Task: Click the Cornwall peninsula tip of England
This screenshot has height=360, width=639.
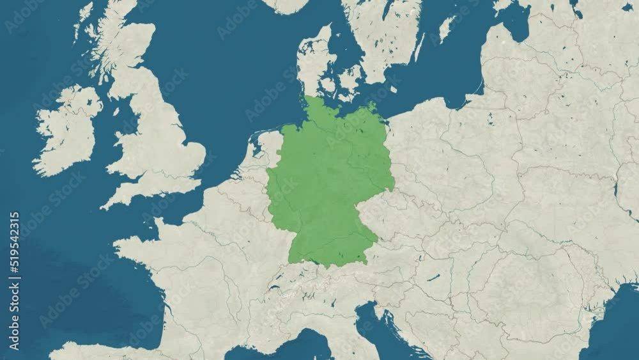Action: pyautogui.click(x=109, y=203)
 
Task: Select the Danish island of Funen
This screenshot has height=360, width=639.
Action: pyautogui.click(x=329, y=86)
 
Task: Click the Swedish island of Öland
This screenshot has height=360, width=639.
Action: pyautogui.click(x=447, y=29)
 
